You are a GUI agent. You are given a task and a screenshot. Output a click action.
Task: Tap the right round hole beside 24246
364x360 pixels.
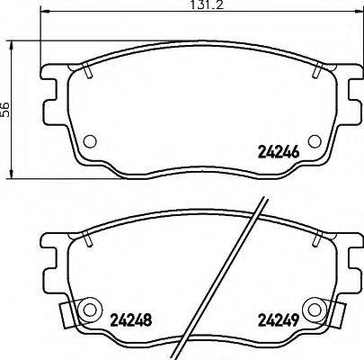(x=313, y=141)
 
